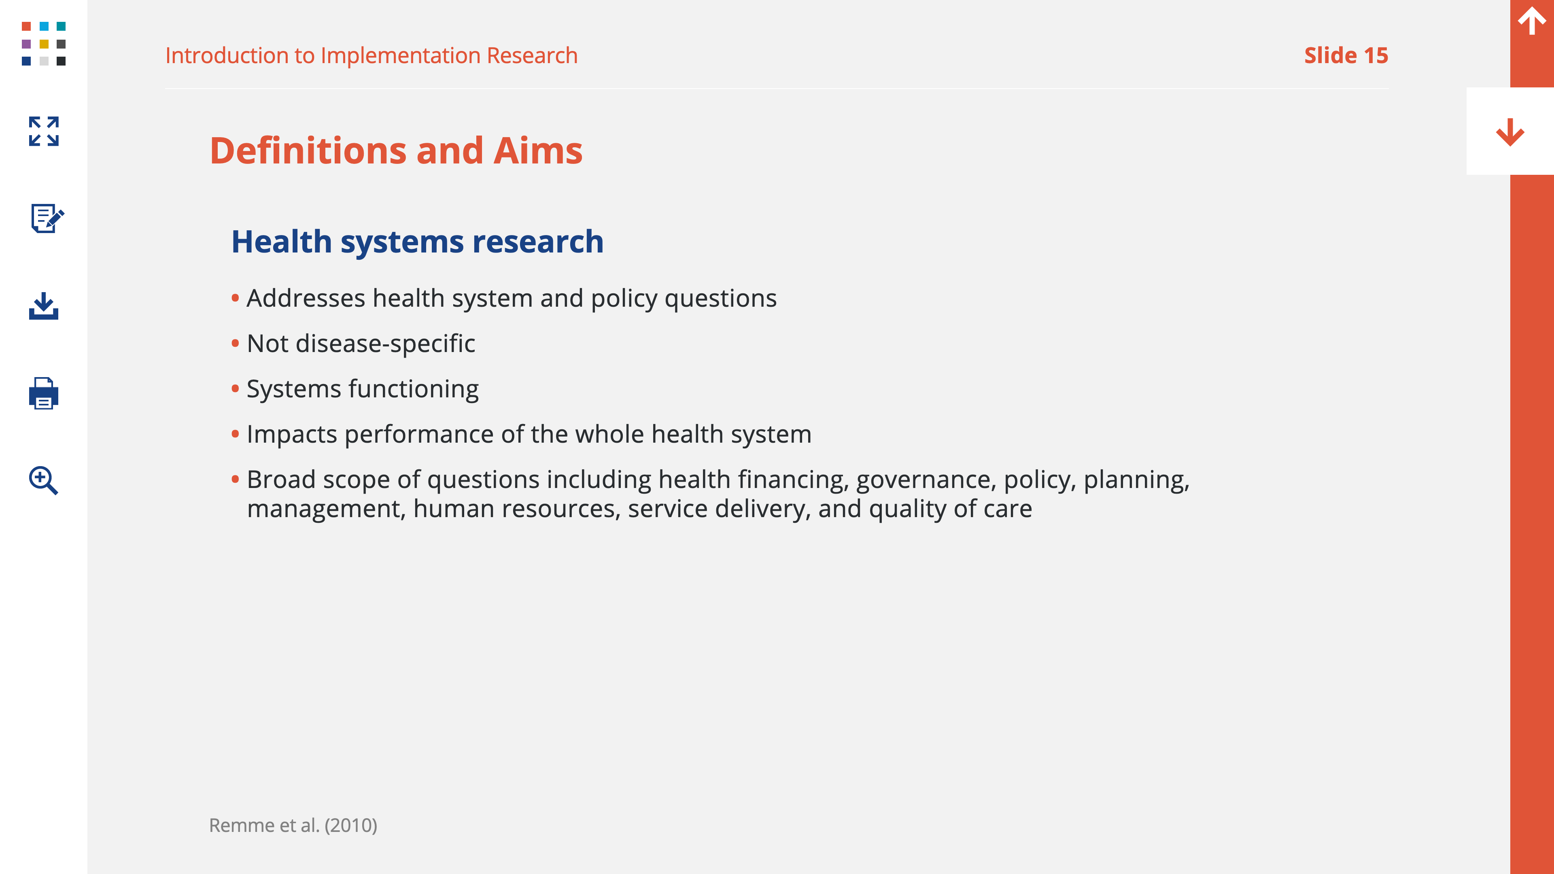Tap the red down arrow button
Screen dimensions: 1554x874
click(x=1510, y=132)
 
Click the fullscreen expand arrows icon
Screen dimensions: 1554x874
click(x=43, y=132)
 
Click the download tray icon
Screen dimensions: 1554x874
click(x=43, y=306)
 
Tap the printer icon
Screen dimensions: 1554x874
click(x=43, y=393)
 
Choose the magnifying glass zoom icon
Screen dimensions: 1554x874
click(x=43, y=481)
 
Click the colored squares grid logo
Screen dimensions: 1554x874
click(x=43, y=43)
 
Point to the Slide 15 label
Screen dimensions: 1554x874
click(x=1346, y=55)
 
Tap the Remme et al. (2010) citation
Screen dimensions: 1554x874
click(x=293, y=825)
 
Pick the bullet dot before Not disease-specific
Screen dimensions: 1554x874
click(x=235, y=343)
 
